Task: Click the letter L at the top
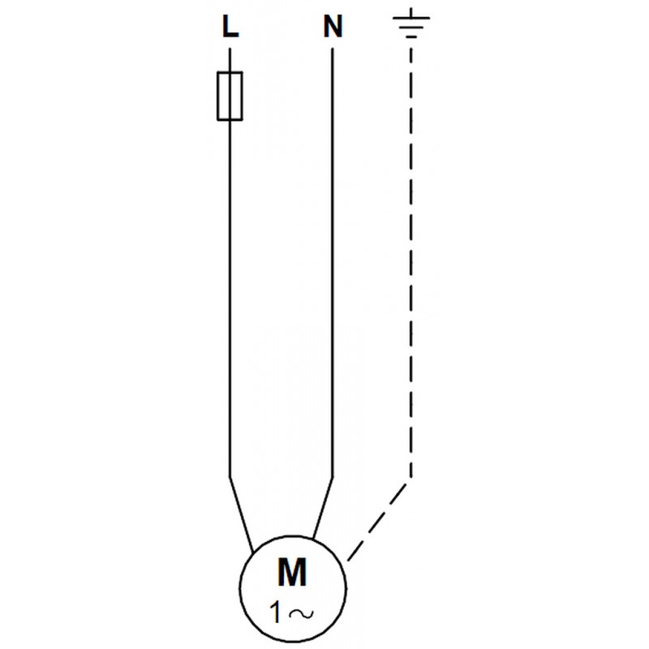tap(230, 27)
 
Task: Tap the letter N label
tap(333, 27)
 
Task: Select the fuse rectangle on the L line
tap(230, 96)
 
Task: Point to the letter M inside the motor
tap(292, 573)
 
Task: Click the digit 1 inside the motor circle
tap(275, 613)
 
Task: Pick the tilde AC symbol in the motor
tap(301, 614)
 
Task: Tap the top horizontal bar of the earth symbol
tap(411, 18)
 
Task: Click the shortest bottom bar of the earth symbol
tap(411, 37)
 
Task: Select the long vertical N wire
tap(333, 262)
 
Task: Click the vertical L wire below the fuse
tap(230, 299)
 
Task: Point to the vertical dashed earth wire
tap(410, 262)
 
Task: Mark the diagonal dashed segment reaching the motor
tap(377, 522)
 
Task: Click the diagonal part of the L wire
tap(241, 514)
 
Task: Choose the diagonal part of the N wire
tap(323, 508)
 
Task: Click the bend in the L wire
tap(230, 477)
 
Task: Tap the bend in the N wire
tap(333, 477)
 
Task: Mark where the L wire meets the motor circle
tap(253, 552)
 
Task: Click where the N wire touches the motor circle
tap(313, 539)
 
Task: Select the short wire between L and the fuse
tap(230, 60)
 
